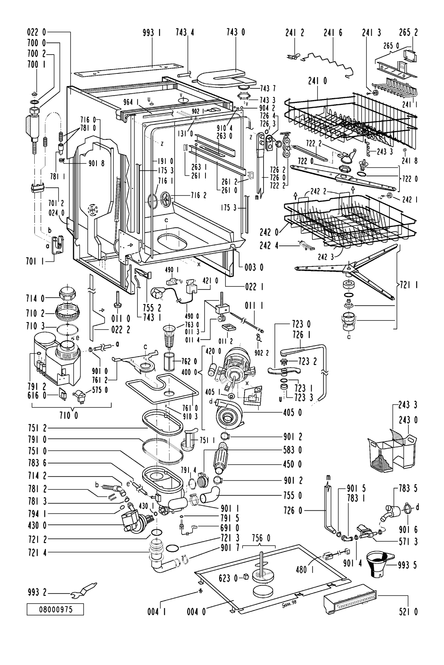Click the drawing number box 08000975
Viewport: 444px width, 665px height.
55,610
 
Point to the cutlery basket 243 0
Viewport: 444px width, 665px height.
392,448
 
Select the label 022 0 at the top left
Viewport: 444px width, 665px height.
36,32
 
